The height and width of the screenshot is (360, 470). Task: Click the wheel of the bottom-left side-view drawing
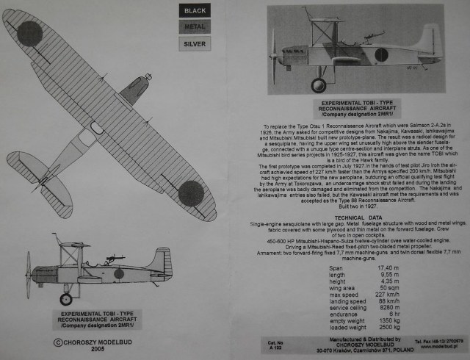tap(67, 298)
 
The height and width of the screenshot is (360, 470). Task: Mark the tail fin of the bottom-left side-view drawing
tap(164, 261)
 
